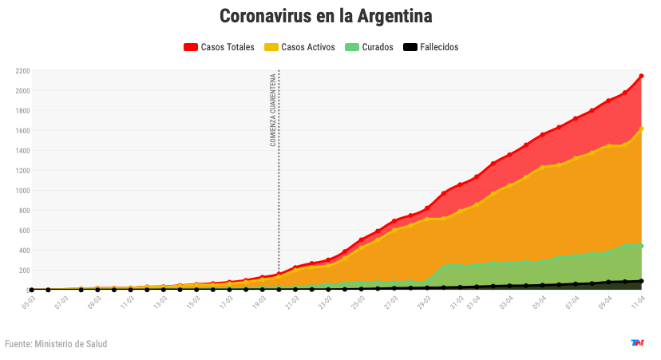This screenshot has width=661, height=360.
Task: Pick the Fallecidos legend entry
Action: point(431,47)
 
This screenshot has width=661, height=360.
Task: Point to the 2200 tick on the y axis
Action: point(22,71)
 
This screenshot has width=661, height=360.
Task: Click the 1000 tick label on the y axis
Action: point(22,191)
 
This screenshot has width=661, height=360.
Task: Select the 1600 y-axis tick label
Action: point(22,131)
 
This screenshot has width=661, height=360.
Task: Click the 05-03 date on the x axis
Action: point(29,303)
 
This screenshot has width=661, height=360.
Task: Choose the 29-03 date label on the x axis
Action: point(441,303)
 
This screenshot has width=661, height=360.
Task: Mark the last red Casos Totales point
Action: point(641,76)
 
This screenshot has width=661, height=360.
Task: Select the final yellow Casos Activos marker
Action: point(641,129)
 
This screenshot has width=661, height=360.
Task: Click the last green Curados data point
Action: point(641,246)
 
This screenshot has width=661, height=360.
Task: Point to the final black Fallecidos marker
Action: point(641,281)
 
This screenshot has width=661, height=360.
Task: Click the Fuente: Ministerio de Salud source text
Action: point(56,344)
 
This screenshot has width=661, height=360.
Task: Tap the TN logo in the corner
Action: point(637,343)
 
